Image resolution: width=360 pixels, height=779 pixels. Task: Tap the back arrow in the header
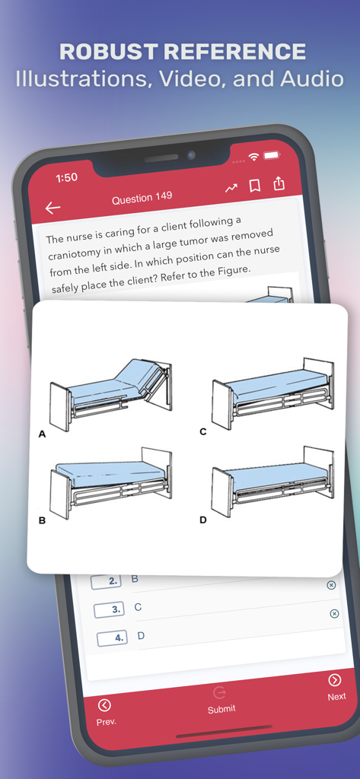53,208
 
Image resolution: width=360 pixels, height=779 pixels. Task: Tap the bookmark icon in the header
255,186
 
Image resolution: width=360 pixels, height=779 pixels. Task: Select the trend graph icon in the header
231,189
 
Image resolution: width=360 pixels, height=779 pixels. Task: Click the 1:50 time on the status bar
66,177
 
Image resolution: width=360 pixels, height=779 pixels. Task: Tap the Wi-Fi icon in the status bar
253,157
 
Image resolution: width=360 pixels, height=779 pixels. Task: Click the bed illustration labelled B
111,482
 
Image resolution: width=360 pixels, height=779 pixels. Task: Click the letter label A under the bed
42,434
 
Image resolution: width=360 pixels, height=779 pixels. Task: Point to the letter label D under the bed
203,520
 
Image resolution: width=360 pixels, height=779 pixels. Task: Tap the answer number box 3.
109,609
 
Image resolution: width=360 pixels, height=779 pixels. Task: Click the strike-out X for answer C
334,613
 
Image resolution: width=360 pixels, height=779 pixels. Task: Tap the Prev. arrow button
105,705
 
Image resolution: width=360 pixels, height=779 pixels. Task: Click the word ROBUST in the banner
109,52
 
